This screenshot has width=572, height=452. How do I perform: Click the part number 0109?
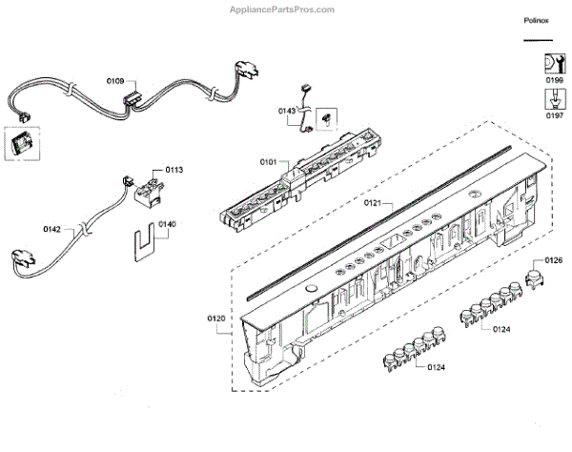pos(113,81)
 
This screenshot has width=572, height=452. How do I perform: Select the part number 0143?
pos(287,112)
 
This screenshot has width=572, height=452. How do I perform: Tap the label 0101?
pos(266,163)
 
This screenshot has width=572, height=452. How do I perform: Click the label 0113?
pos(174,170)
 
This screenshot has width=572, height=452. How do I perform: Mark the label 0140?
pos(167,225)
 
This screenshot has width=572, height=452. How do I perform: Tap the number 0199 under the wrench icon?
pos(554,81)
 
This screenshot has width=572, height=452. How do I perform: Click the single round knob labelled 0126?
pos(535,278)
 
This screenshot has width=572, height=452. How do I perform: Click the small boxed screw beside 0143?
pos(327,118)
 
